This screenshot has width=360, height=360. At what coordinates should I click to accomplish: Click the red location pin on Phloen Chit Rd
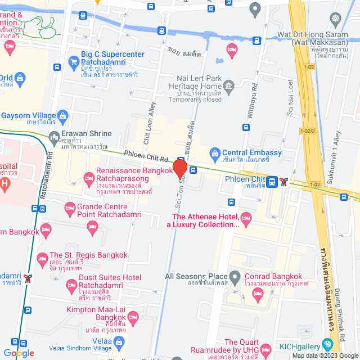179,169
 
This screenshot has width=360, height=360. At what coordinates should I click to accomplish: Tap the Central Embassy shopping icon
214,153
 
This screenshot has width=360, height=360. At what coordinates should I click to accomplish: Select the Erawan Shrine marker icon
54,136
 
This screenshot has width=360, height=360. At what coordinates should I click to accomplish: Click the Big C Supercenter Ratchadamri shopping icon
73,60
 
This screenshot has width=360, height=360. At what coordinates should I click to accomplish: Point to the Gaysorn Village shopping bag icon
62,116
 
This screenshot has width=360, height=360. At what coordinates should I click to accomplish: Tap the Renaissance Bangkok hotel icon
88,178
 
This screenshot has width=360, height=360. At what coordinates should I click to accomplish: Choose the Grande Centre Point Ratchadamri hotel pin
70,208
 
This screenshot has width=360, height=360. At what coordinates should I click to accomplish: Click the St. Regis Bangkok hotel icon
42,259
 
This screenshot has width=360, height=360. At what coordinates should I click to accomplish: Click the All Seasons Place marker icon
235,277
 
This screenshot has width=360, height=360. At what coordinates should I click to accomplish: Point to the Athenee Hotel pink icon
245,217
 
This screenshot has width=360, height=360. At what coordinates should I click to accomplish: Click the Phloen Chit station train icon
272,181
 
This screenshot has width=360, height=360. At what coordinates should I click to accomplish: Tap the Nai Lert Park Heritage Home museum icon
228,86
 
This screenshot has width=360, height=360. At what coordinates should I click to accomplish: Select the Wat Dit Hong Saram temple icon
336,19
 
